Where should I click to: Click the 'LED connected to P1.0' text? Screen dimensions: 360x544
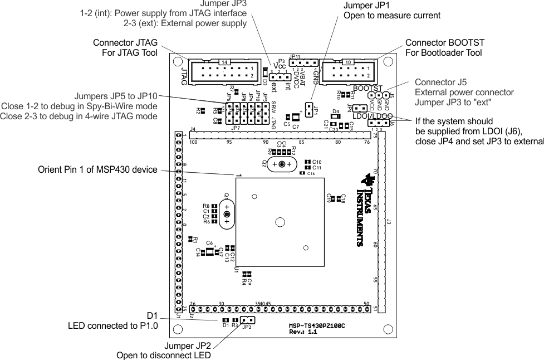(112, 325)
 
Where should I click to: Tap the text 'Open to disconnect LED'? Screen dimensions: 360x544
(163, 355)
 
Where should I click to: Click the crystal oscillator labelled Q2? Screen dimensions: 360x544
(282, 164)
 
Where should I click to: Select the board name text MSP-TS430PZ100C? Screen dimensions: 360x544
(317, 324)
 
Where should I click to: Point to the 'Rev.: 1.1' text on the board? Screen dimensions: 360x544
(303, 332)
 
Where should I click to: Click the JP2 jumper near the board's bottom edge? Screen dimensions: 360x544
(248, 320)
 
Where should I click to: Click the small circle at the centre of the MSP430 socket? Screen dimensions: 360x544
(279, 222)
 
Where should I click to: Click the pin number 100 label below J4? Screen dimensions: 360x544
(193, 142)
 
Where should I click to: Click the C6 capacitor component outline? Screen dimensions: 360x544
(210, 252)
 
